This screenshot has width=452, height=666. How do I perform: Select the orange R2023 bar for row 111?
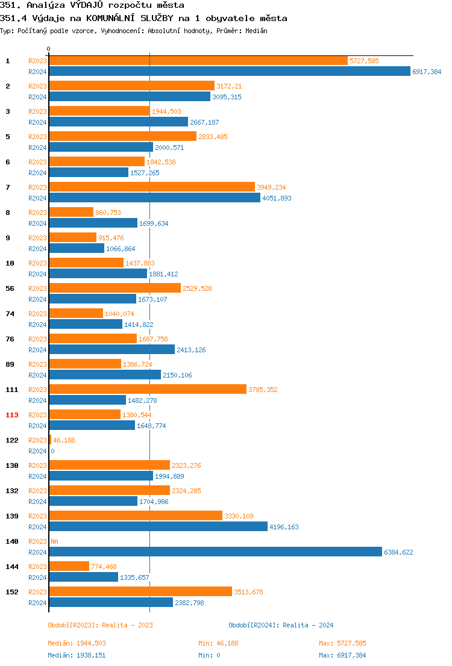coord(148,389)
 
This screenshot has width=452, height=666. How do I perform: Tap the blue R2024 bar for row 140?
coord(215,552)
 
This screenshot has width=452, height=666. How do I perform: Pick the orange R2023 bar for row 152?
coord(140,591)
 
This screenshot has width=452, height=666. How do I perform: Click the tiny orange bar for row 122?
coord(50,440)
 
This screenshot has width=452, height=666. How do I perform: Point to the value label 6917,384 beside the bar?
coord(427,72)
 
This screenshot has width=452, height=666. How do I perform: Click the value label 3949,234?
coord(271,187)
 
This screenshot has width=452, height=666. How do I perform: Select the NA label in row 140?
coord(54,541)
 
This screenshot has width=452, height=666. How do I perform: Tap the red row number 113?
coord(12,415)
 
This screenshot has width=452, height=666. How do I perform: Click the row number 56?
coord(10,288)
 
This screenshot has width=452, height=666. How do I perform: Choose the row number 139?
coord(12,516)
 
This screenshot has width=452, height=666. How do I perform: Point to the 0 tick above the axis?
coord(49,49)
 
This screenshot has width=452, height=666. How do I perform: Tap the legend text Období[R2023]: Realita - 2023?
coord(100,625)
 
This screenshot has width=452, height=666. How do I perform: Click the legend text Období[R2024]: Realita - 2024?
coord(281,625)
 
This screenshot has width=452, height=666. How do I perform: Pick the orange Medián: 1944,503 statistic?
coord(77,643)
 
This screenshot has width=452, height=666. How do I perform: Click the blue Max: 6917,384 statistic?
coord(342,655)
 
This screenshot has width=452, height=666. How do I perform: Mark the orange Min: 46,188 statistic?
coord(218,643)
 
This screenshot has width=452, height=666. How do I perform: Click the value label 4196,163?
coord(284,527)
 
